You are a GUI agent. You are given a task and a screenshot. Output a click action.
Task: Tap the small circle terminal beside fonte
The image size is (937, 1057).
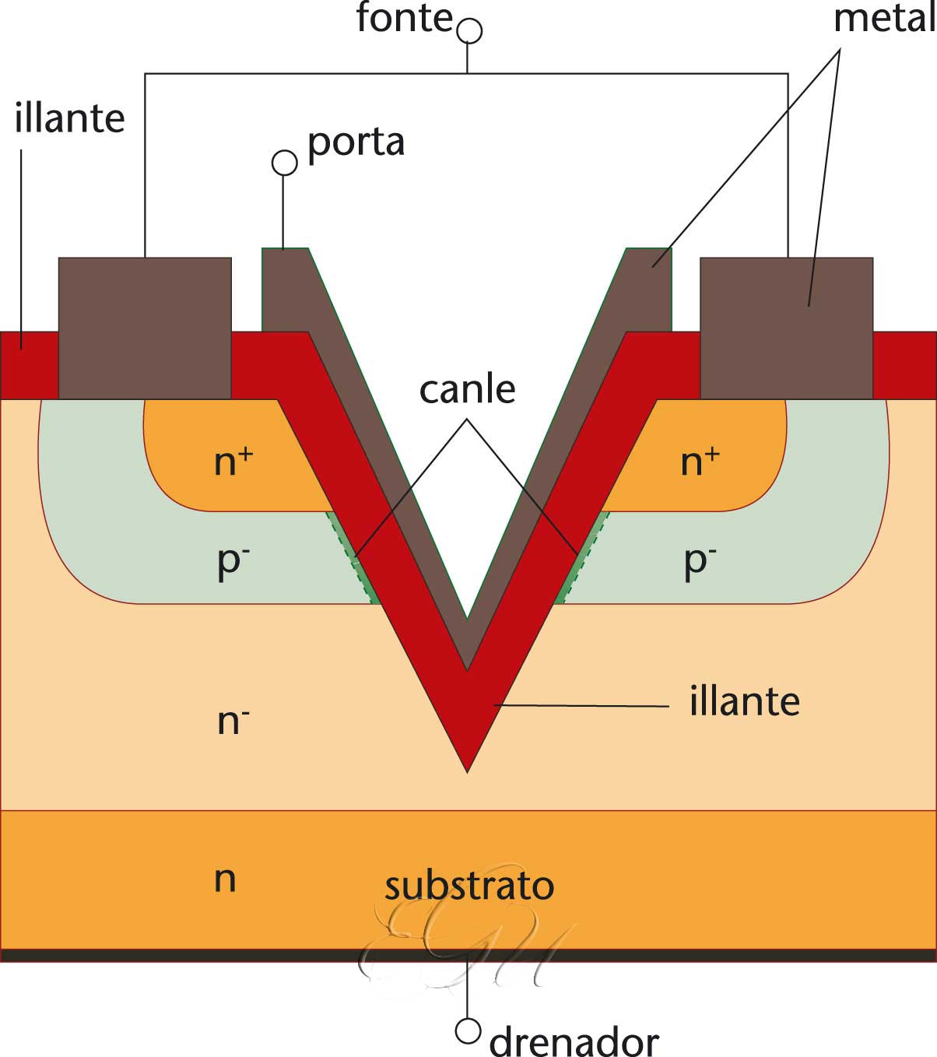(x=468, y=31)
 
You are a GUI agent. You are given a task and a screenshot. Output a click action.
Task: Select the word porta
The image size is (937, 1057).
(x=356, y=143)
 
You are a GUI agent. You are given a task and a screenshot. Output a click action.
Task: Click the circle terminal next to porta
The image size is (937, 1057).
(x=284, y=163)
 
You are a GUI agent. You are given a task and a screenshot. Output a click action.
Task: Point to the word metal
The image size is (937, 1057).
(x=883, y=19)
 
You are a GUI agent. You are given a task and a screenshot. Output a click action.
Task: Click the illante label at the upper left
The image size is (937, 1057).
(x=69, y=119)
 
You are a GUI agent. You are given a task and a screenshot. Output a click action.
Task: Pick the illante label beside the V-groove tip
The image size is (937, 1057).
(x=744, y=702)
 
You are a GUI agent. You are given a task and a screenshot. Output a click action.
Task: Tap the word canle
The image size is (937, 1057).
(x=467, y=389)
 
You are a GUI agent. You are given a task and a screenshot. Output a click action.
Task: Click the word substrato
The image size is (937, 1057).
(x=469, y=886)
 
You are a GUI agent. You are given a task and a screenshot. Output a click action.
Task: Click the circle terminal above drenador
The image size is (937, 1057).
(x=467, y=1031)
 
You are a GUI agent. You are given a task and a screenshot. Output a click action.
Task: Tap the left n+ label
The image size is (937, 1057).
(x=233, y=462)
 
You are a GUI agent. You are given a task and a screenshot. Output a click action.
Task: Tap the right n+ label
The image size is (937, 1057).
(x=700, y=462)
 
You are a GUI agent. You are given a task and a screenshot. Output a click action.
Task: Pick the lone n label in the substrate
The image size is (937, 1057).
(x=225, y=880)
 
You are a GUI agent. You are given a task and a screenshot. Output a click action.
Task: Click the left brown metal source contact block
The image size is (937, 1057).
(x=145, y=328)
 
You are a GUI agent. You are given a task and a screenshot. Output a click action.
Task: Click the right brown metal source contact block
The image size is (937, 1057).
(x=786, y=328)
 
